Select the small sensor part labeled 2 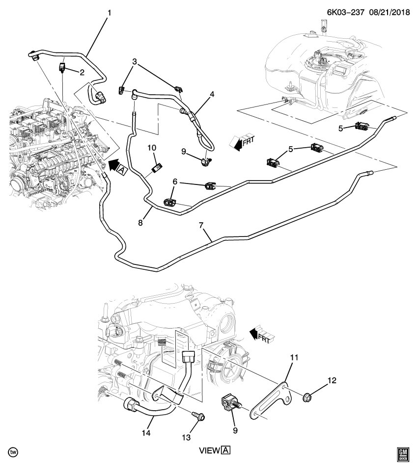pyautogui.click(x=63, y=67)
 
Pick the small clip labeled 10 pyautogui.click(x=157, y=168)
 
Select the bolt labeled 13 pyautogui.click(x=199, y=416)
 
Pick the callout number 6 pyautogui.click(x=174, y=182)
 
